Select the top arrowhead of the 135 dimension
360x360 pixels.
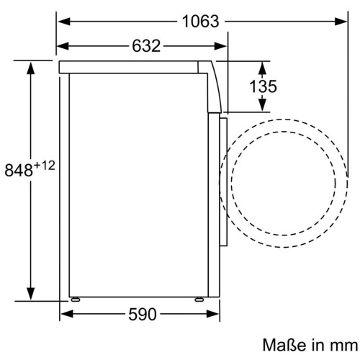[x=261, y=66]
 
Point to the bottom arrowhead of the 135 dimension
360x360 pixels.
[x=261, y=109]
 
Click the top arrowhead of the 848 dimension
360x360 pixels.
[x=31, y=67]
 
